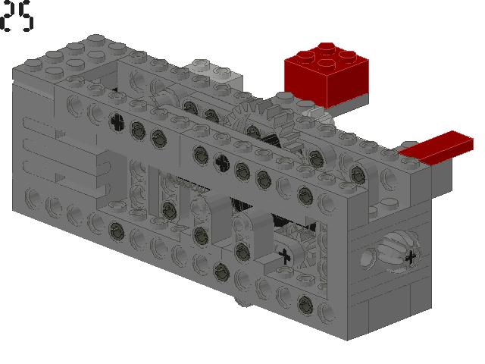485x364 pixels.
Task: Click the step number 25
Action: [17, 17]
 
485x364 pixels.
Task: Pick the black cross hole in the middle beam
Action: [221, 161]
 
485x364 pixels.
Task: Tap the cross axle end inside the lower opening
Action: [285, 256]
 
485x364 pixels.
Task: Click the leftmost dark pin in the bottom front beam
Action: [116, 228]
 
